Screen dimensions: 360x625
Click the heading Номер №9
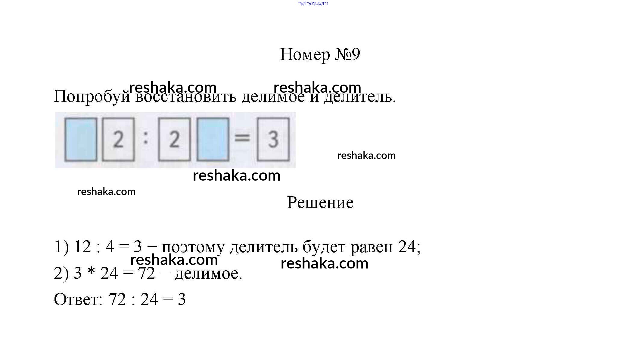point(320,55)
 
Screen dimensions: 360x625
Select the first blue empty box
point(81,139)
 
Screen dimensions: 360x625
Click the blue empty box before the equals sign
point(213,139)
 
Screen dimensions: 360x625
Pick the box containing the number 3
point(273,139)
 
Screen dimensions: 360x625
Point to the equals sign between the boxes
point(242,138)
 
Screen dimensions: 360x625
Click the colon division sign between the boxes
point(146,138)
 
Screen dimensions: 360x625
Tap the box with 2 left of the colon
point(118,139)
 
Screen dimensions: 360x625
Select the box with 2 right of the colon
point(174,139)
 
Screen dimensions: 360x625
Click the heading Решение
point(320,203)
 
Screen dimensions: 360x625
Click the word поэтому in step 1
point(193,247)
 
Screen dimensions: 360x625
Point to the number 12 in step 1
point(82,247)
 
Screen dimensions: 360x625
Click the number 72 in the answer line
point(117,299)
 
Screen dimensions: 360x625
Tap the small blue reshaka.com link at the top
point(312,3)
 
